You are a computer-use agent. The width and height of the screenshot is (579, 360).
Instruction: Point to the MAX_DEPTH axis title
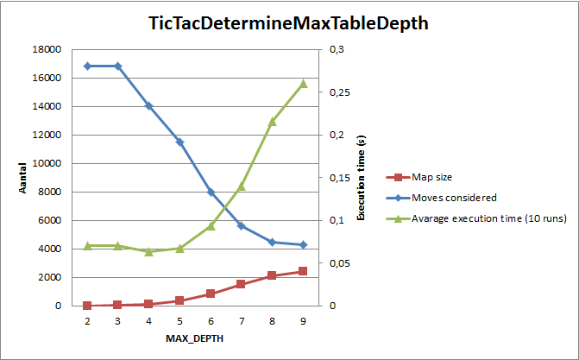(x=195, y=338)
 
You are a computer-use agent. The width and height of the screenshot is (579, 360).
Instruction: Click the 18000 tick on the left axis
(x=47, y=50)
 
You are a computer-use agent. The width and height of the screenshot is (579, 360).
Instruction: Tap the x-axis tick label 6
(x=211, y=320)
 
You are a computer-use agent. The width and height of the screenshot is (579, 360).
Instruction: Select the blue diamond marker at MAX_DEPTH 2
(x=87, y=66)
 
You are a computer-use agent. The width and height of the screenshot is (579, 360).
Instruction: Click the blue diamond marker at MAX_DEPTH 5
(x=179, y=142)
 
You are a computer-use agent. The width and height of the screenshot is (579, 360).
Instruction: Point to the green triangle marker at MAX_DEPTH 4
(x=148, y=252)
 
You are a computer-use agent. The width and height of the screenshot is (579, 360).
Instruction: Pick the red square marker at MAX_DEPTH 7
(x=242, y=284)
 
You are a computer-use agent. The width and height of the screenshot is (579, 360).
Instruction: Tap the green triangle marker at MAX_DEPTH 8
(x=272, y=122)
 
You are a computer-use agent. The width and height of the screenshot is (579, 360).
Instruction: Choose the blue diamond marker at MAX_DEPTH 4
(x=148, y=105)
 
